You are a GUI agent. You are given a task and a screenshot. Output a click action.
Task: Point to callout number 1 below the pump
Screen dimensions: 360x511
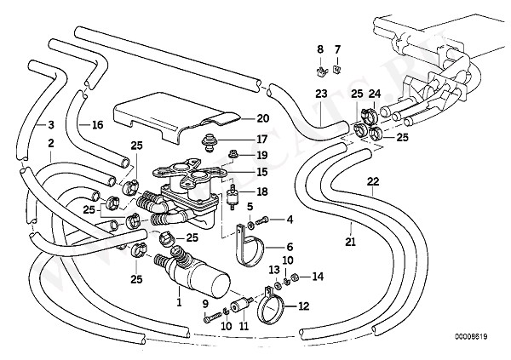tap(179, 302)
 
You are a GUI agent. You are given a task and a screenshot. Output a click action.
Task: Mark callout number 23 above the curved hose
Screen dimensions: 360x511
tap(320, 93)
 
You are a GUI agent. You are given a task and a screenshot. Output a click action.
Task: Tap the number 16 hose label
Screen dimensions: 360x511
tap(97, 124)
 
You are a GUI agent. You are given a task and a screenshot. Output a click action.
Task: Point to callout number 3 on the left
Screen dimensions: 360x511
tap(50, 124)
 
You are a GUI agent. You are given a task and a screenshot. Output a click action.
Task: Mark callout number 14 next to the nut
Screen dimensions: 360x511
tap(319, 277)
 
